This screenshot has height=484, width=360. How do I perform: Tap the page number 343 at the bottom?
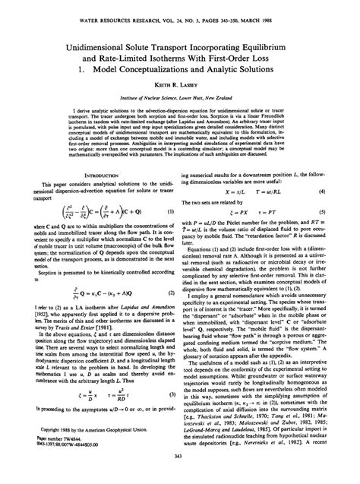tap(180, 477)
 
